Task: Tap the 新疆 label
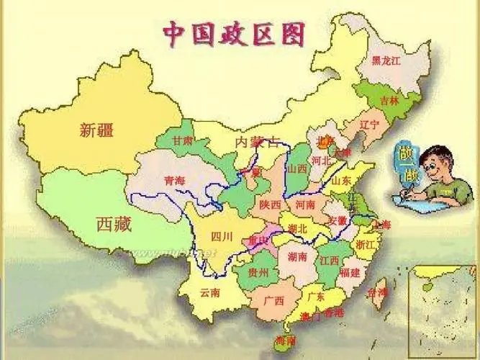97,130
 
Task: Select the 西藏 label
114,224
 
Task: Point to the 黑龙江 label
386,61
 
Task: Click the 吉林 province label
389,101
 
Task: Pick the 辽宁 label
368,124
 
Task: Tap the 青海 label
174,181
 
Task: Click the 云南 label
210,292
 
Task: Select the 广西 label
273,300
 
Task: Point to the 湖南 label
297,256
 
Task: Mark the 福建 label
350,272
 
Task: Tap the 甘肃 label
183,141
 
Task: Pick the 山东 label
343,180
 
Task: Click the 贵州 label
258,273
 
